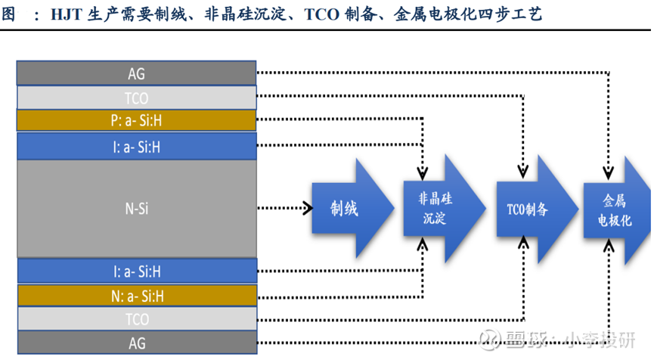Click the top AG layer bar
(x=137, y=73)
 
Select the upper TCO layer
(x=137, y=98)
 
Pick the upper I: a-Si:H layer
(x=137, y=146)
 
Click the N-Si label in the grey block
(x=137, y=208)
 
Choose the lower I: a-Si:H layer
(x=137, y=270)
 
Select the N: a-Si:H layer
(x=137, y=295)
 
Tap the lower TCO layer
(x=137, y=318)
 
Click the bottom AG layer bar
(x=137, y=343)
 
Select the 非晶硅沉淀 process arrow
(x=439, y=208)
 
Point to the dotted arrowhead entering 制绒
(x=308, y=208)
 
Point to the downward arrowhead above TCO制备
(x=522, y=167)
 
